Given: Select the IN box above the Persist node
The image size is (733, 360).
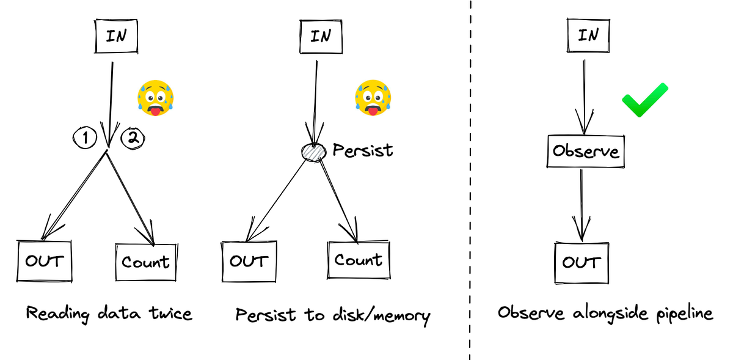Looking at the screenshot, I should coord(319,37).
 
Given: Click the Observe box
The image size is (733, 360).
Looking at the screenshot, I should coord(585,151).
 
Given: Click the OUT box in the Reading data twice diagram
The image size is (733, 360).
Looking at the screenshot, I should coord(44,261).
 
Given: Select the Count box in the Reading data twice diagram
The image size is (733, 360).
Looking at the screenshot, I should coord(145,262).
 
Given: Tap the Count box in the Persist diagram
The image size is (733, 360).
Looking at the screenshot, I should coord(359,260).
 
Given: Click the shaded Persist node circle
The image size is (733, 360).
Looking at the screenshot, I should coord(313,151).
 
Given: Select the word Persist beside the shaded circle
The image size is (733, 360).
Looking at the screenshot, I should coord(362,150).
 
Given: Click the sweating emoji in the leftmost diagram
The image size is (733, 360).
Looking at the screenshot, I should coord(155,97).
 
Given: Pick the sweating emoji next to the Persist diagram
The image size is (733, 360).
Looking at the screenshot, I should coord(373,98).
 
